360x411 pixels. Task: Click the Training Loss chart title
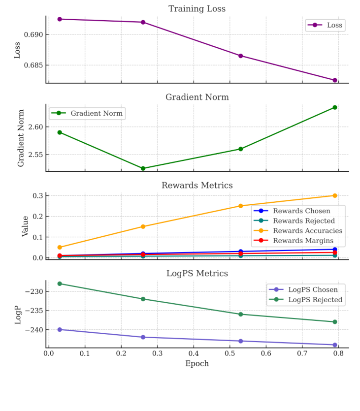(x=197, y=9)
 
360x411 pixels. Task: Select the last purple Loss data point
(x=335, y=80)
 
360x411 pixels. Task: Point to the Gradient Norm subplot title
(x=197, y=97)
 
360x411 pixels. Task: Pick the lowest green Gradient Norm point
(x=143, y=168)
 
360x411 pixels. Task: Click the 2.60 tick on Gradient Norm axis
(x=35, y=127)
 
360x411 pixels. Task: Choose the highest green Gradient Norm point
(x=335, y=107)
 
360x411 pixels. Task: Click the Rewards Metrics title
(x=197, y=186)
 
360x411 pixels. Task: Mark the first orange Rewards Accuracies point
(x=60, y=247)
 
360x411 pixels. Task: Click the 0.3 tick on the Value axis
(x=38, y=195)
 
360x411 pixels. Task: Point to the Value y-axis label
(x=25, y=226)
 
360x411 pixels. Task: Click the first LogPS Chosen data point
(x=60, y=329)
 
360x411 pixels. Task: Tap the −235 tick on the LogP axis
(x=33, y=311)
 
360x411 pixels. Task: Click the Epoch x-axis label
(x=197, y=364)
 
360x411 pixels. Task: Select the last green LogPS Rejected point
(x=335, y=322)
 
